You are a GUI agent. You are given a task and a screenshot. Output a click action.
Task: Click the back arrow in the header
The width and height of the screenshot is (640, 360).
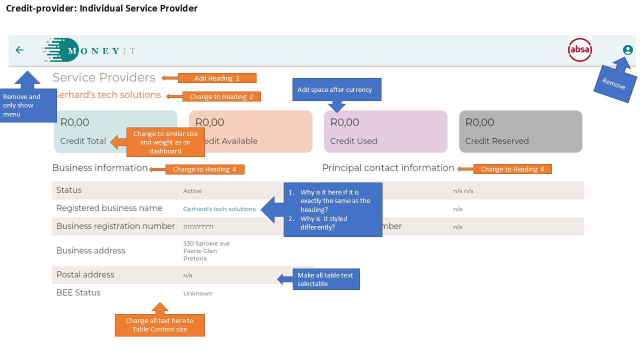pyautogui.click(x=19, y=50)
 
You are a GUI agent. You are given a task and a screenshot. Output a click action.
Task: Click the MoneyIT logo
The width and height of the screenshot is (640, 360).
pyautogui.click(x=88, y=50)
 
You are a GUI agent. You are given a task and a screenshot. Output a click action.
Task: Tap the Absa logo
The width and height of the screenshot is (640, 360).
pyautogui.click(x=579, y=50)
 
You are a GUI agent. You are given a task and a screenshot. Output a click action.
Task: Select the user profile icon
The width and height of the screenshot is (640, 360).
pyautogui.click(x=627, y=50)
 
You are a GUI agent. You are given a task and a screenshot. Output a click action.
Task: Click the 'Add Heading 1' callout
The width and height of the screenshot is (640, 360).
pyautogui.click(x=217, y=78)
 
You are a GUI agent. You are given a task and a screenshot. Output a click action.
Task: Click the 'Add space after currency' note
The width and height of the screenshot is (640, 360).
pyautogui.click(x=336, y=90)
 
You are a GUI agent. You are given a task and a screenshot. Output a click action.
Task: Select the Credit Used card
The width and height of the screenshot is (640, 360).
pyautogui.click(x=385, y=131)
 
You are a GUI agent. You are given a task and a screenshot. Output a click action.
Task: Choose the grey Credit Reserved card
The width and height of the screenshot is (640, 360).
pyautogui.click(x=520, y=131)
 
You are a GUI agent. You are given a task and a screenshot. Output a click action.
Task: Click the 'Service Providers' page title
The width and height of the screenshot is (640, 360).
pyautogui.click(x=104, y=77)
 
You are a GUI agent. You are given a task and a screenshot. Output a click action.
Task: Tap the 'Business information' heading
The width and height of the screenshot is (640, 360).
pyautogui.click(x=100, y=168)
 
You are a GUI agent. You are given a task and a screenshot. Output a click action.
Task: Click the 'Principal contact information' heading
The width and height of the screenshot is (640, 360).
pyautogui.click(x=388, y=168)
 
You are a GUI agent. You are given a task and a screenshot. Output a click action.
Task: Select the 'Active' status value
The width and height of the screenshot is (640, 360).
pyautogui.click(x=192, y=191)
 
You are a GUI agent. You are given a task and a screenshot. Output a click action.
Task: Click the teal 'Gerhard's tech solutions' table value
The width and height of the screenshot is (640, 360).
pyautogui.click(x=219, y=209)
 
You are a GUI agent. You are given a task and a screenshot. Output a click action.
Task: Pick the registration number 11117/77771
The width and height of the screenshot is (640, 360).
pyautogui.click(x=198, y=227)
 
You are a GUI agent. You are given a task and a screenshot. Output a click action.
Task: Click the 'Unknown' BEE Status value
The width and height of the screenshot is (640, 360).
pyautogui.click(x=197, y=293)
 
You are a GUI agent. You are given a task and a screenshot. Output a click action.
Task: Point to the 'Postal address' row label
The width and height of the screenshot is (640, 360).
pyautogui.click(x=85, y=274)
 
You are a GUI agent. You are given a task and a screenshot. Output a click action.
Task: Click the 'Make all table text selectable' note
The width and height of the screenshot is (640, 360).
pyautogui.click(x=325, y=279)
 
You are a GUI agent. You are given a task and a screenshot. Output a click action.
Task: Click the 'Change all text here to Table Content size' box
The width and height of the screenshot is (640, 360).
pyautogui.click(x=159, y=325)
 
